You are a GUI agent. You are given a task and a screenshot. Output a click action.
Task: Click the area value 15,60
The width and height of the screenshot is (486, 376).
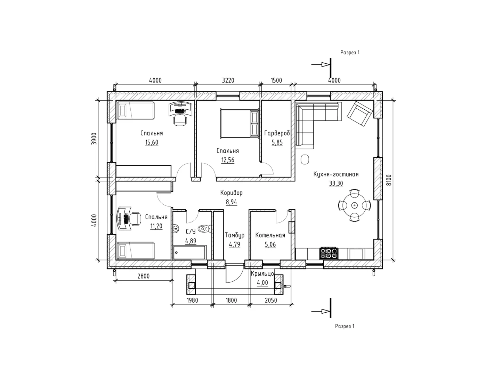click(x=152, y=142)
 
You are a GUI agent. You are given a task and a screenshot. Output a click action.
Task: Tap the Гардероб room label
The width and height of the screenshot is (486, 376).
click(x=277, y=133)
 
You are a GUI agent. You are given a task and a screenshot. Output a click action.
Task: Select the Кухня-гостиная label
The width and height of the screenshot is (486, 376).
click(x=336, y=174)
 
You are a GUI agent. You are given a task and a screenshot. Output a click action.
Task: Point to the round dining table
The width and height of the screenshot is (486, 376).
click(x=355, y=205)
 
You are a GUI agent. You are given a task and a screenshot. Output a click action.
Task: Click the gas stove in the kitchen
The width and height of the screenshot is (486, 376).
click(x=329, y=253)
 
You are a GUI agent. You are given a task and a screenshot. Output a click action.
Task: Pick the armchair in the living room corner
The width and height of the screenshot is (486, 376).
click(x=360, y=113)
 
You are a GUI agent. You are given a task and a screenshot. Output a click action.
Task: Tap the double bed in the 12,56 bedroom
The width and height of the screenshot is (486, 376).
click(x=240, y=123)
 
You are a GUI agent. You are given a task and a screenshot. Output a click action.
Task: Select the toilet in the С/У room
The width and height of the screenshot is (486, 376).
click(x=205, y=229)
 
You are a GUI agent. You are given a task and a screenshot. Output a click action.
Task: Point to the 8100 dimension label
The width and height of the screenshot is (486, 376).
click(x=389, y=180)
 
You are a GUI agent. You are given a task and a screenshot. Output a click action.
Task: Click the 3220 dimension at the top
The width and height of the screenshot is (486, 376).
click(x=228, y=80)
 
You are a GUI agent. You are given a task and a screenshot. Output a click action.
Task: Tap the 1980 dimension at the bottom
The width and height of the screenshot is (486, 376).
click(x=192, y=300)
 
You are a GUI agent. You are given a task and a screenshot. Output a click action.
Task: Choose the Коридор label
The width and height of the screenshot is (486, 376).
click(x=232, y=193)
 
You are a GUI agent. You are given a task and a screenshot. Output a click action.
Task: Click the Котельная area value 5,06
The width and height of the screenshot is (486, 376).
click(x=270, y=244)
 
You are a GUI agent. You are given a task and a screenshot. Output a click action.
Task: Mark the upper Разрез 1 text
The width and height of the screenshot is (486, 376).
click(x=350, y=53)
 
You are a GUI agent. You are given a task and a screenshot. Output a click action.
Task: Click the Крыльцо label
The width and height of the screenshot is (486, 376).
click(x=262, y=274)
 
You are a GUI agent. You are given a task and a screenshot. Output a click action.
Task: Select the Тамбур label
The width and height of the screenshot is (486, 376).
click(x=235, y=235)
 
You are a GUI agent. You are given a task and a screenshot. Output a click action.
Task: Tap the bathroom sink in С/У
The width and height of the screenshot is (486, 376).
click(x=176, y=229)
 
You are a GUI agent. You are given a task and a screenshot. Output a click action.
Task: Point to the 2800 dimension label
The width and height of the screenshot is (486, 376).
click(x=143, y=276)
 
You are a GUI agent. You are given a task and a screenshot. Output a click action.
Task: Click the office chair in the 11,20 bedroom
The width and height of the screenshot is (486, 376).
click(x=135, y=218)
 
